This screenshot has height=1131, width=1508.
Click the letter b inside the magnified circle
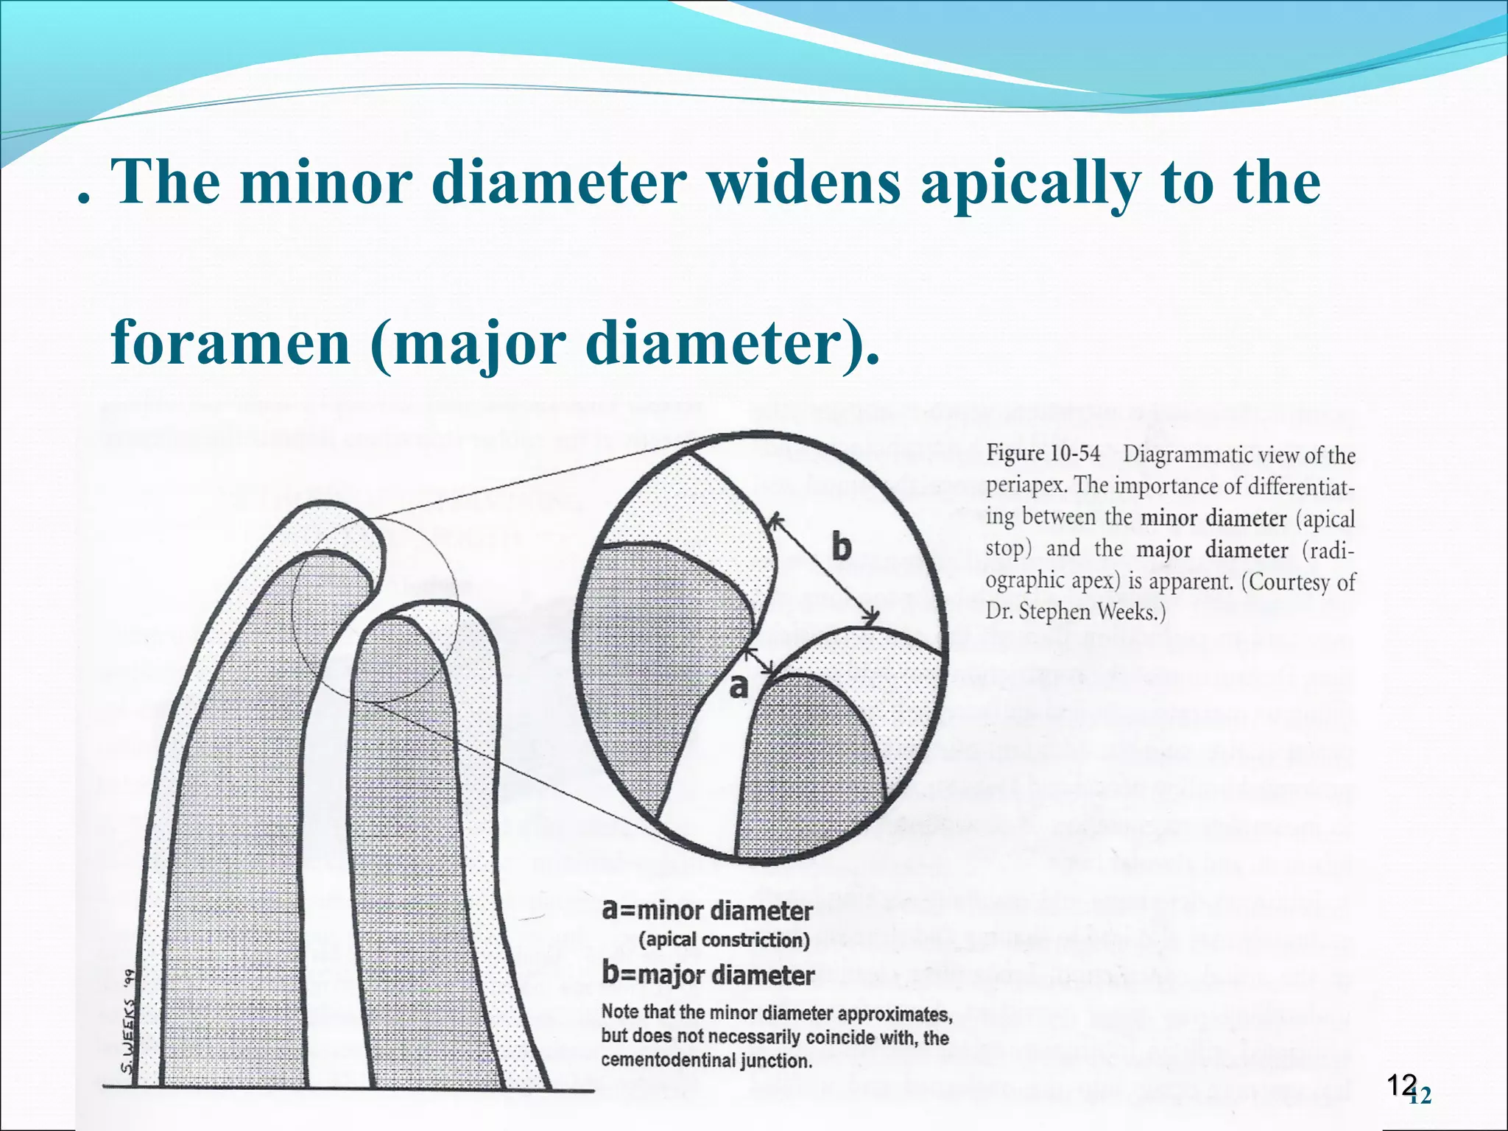click(x=840, y=548)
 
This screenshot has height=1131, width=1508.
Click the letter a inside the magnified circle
click(x=738, y=686)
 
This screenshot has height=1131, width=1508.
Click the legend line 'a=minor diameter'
click(x=707, y=911)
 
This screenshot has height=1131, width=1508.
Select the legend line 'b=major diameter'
click(x=708, y=974)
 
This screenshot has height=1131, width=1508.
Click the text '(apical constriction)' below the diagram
click(x=724, y=940)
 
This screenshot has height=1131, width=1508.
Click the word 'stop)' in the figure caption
click(x=1004, y=549)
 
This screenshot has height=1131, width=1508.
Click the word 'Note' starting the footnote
click(x=620, y=1012)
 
